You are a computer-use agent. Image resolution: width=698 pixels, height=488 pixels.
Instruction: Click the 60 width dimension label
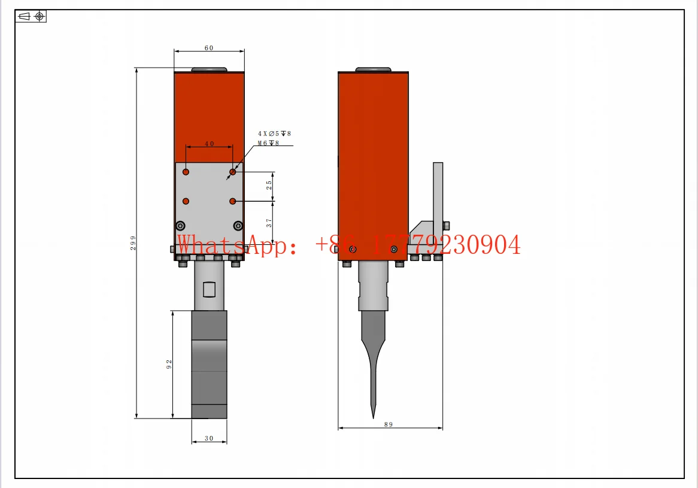[x=209, y=48]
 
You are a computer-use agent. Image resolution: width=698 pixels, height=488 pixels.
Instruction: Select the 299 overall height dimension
[x=133, y=243]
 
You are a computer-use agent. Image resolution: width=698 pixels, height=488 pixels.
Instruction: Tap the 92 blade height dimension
[x=169, y=364]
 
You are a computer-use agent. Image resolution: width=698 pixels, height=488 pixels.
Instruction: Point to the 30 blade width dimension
[x=209, y=438]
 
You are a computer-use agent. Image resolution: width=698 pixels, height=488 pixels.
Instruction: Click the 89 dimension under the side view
[x=389, y=425]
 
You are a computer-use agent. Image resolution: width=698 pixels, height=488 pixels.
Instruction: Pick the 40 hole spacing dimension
[x=210, y=144]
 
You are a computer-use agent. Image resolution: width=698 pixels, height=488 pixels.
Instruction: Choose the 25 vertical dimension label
[x=269, y=185]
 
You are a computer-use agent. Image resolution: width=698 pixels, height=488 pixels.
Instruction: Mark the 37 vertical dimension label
[x=269, y=223]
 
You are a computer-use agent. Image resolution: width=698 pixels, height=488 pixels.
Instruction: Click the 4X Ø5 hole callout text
[x=274, y=134]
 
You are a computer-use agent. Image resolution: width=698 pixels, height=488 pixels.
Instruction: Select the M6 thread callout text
[x=268, y=143]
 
